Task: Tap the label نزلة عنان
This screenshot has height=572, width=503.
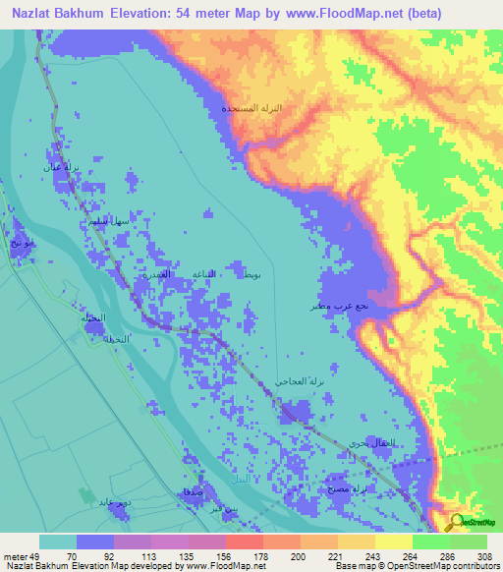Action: click(55, 167)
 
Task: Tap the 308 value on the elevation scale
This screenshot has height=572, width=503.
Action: click(482, 555)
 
